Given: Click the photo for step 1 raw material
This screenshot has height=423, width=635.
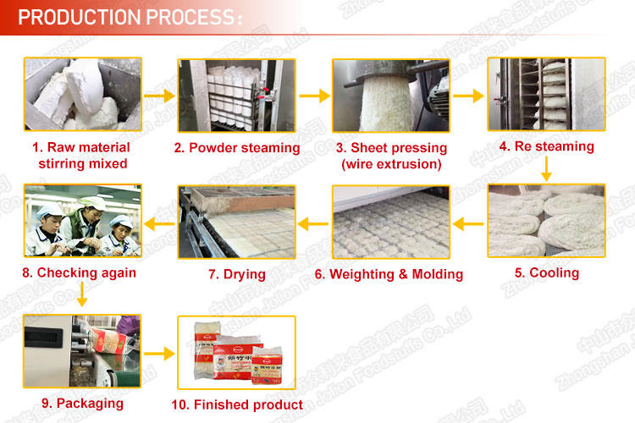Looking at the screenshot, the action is click(83, 94).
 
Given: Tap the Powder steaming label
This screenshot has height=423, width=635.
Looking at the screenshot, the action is click(237, 148).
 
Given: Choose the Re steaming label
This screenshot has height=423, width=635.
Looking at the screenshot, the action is click(546, 146).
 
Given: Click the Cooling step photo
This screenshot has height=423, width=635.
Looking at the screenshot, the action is click(546, 221).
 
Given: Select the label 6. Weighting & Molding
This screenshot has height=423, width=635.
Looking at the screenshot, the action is click(389, 274).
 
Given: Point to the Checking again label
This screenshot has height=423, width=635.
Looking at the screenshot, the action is click(80, 273).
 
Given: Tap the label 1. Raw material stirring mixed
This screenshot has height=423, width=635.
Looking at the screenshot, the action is click(83, 155).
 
